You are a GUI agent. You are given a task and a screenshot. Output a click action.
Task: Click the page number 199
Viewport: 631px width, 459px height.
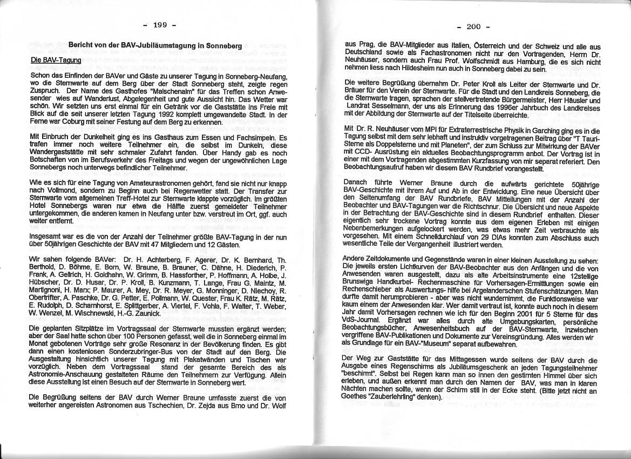[x=161, y=25]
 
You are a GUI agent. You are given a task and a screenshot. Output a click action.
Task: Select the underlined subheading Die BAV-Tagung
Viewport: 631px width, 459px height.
[x=56, y=60]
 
